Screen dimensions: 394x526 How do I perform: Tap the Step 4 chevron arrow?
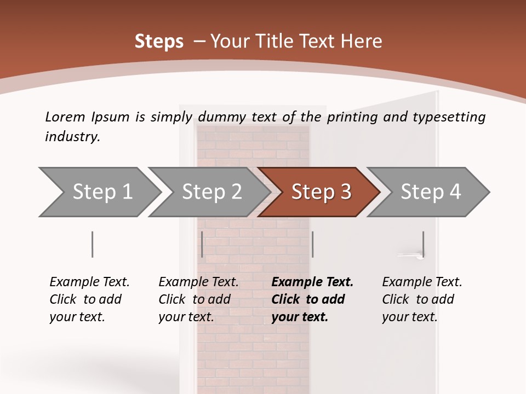[430, 192]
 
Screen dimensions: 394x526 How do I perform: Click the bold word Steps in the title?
[159, 42]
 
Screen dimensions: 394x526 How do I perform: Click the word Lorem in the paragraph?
[65, 117]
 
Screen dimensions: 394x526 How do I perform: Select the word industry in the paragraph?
[72, 137]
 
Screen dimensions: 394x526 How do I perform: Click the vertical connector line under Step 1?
[92, 244]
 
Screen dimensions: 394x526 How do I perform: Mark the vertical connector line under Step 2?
[202, 244]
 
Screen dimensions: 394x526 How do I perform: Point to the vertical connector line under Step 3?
[312, 244]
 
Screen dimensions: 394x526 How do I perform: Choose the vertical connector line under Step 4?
[423, 244]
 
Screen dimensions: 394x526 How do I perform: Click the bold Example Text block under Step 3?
[312, 299]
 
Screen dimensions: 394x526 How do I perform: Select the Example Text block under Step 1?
[89, 299]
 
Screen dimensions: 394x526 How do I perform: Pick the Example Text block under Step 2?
[198, 299]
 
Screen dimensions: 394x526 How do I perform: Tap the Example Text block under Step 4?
[422, 299]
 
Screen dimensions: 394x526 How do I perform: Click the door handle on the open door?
[409, 255]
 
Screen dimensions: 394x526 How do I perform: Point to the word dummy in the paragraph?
[221, 117]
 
